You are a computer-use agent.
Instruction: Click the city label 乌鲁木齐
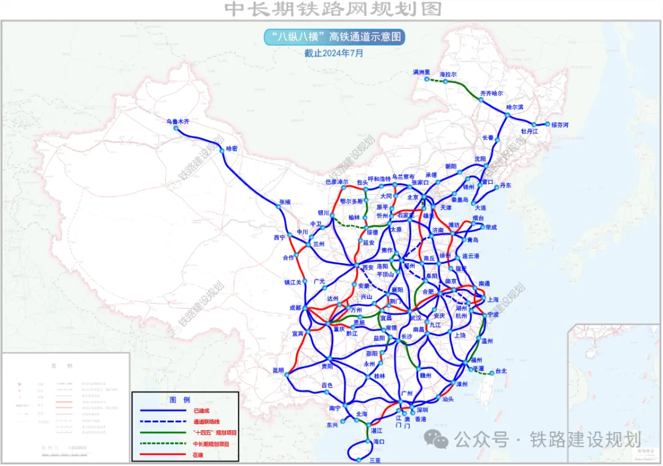178,122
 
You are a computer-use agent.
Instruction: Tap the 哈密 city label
231,148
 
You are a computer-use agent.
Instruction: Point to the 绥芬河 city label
560,125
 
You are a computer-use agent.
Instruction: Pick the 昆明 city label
279,370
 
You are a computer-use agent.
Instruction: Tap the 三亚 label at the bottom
367,459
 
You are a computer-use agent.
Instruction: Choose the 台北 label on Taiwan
501,371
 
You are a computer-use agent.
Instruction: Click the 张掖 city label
285,202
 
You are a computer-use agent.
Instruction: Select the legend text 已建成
202,409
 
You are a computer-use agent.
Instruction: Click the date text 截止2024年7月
334,53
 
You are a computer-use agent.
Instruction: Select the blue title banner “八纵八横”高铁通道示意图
335,37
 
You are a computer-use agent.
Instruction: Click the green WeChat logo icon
436,439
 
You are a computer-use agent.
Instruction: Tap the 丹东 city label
505,185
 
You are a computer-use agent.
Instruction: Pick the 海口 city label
378,441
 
